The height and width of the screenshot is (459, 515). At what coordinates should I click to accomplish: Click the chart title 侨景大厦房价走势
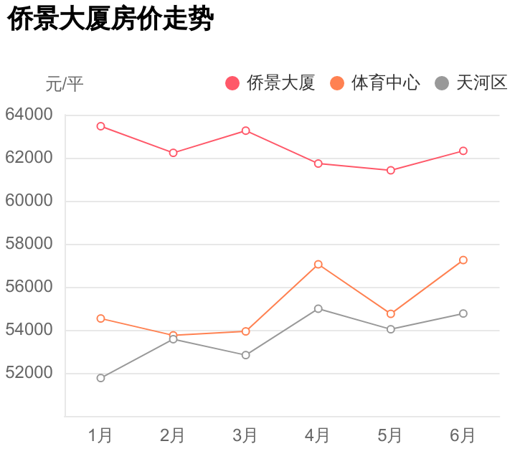click(111, 20)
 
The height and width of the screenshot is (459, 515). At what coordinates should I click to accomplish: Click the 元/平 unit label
click(65, 84)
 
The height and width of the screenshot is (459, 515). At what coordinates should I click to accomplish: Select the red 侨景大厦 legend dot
click(232, 83)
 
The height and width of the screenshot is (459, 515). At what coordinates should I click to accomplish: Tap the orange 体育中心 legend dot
click(337, 83)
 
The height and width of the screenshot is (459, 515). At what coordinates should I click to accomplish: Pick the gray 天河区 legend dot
click(442, 83)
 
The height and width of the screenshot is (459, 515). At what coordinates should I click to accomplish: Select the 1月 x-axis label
click(100, 435)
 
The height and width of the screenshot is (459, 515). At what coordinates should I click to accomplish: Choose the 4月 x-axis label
click(318, 435)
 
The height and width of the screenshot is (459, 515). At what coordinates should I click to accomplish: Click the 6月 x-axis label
click(463, 435)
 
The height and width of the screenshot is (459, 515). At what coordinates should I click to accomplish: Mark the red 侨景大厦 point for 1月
click(101, 126)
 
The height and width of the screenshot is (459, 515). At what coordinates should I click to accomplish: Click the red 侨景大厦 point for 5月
click(391, 170)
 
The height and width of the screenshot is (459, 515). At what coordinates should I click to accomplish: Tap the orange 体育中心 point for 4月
click(318, 265)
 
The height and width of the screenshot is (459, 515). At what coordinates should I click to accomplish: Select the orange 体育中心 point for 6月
click(463, 260)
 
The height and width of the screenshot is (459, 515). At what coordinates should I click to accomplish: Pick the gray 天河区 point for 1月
click(101, 378)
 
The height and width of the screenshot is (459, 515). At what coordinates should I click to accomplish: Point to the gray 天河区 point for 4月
click(318, 308)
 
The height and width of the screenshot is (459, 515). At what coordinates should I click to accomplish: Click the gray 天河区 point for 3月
click(246, 355)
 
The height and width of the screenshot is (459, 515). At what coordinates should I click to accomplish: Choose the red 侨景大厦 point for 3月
click(246, 131)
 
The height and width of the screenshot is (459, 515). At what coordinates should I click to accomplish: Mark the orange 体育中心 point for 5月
click(391, 314)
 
